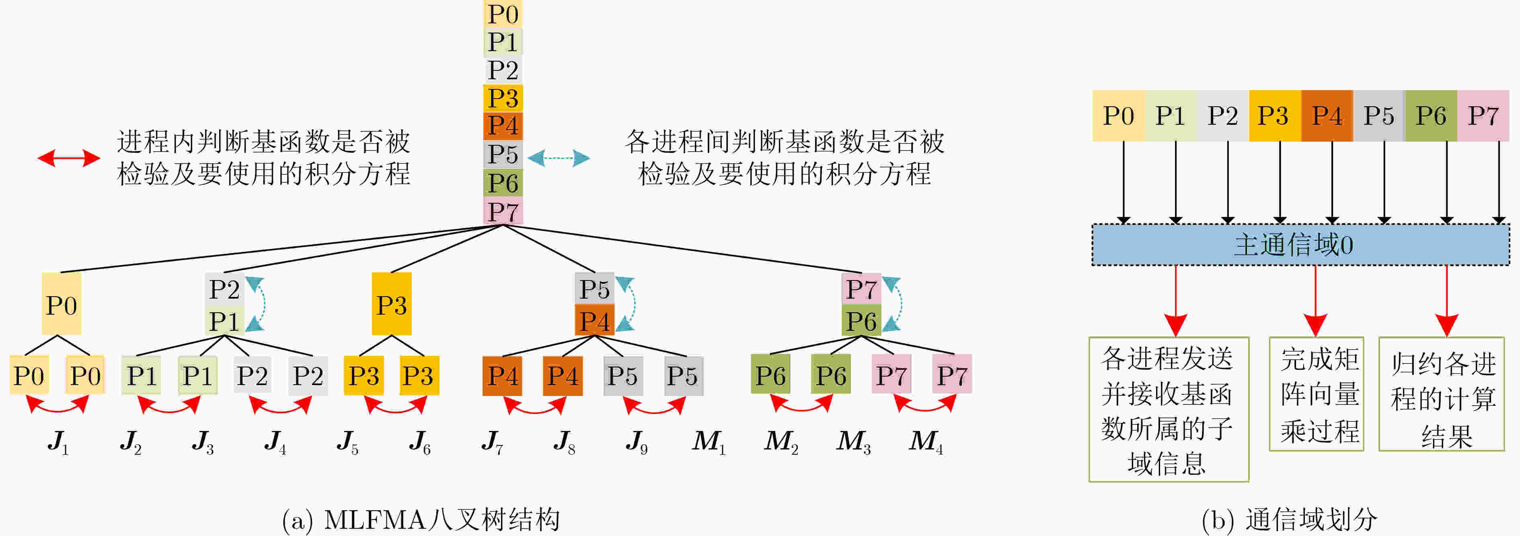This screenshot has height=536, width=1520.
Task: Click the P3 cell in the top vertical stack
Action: click(503, 98)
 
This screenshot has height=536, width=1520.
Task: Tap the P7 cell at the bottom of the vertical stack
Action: click(503, 211)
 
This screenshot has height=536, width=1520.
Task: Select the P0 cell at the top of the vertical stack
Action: click(503, 14)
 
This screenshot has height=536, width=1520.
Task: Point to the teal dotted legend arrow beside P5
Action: click(558, 158)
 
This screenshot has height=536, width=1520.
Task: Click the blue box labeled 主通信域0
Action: click(1300, 244)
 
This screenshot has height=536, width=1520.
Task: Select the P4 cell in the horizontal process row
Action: click(1327, 116)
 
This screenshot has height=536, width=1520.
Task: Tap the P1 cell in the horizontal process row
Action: click(1170, 116)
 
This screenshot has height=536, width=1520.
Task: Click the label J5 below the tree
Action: click(347, 441)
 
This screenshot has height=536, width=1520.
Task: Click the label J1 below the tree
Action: click(58, 441)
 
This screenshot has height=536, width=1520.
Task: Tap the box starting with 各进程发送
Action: click(1169, 410)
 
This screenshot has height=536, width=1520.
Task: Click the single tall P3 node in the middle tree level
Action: click(392, 304)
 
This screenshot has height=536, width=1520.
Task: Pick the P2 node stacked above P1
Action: click(224, 289)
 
